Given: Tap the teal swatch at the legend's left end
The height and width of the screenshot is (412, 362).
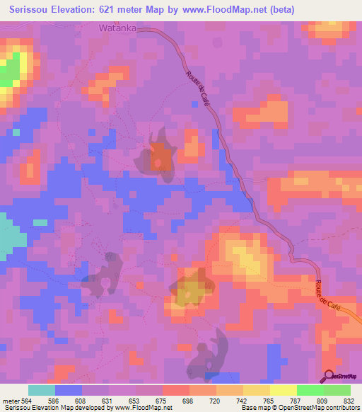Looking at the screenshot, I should [42, 390].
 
